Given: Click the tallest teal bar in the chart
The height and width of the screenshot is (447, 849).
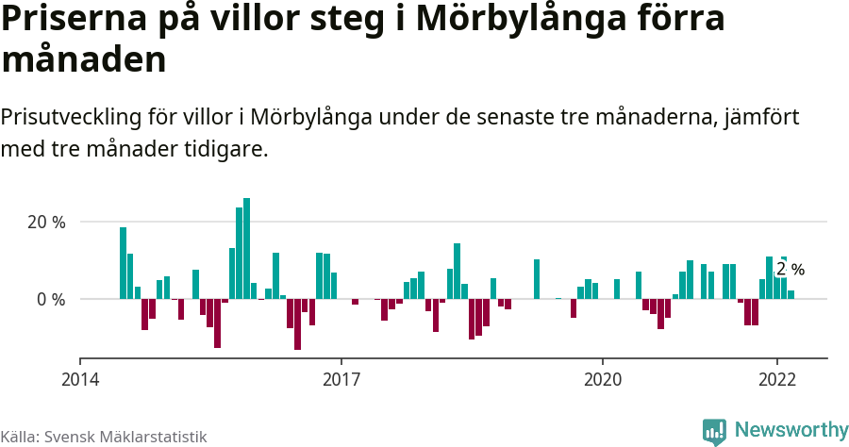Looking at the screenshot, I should (x=247, y=248).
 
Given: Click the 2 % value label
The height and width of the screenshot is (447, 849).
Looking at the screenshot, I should (x=790, y=270).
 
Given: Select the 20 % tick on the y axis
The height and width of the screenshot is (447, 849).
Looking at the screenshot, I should (x=45, y=223).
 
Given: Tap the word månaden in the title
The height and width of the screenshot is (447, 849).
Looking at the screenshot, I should (x=84, y=60).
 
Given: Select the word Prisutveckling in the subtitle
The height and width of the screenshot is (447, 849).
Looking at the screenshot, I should (x=71, y=118).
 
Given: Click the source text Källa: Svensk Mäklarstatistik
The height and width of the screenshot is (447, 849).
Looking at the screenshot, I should (x=104, y=437).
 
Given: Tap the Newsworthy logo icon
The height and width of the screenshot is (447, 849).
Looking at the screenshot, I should (x=714, y=431).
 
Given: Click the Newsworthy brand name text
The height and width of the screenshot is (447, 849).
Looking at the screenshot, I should (x=791, y=430).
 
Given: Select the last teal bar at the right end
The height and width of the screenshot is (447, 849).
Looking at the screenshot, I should (x=791, y=294).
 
